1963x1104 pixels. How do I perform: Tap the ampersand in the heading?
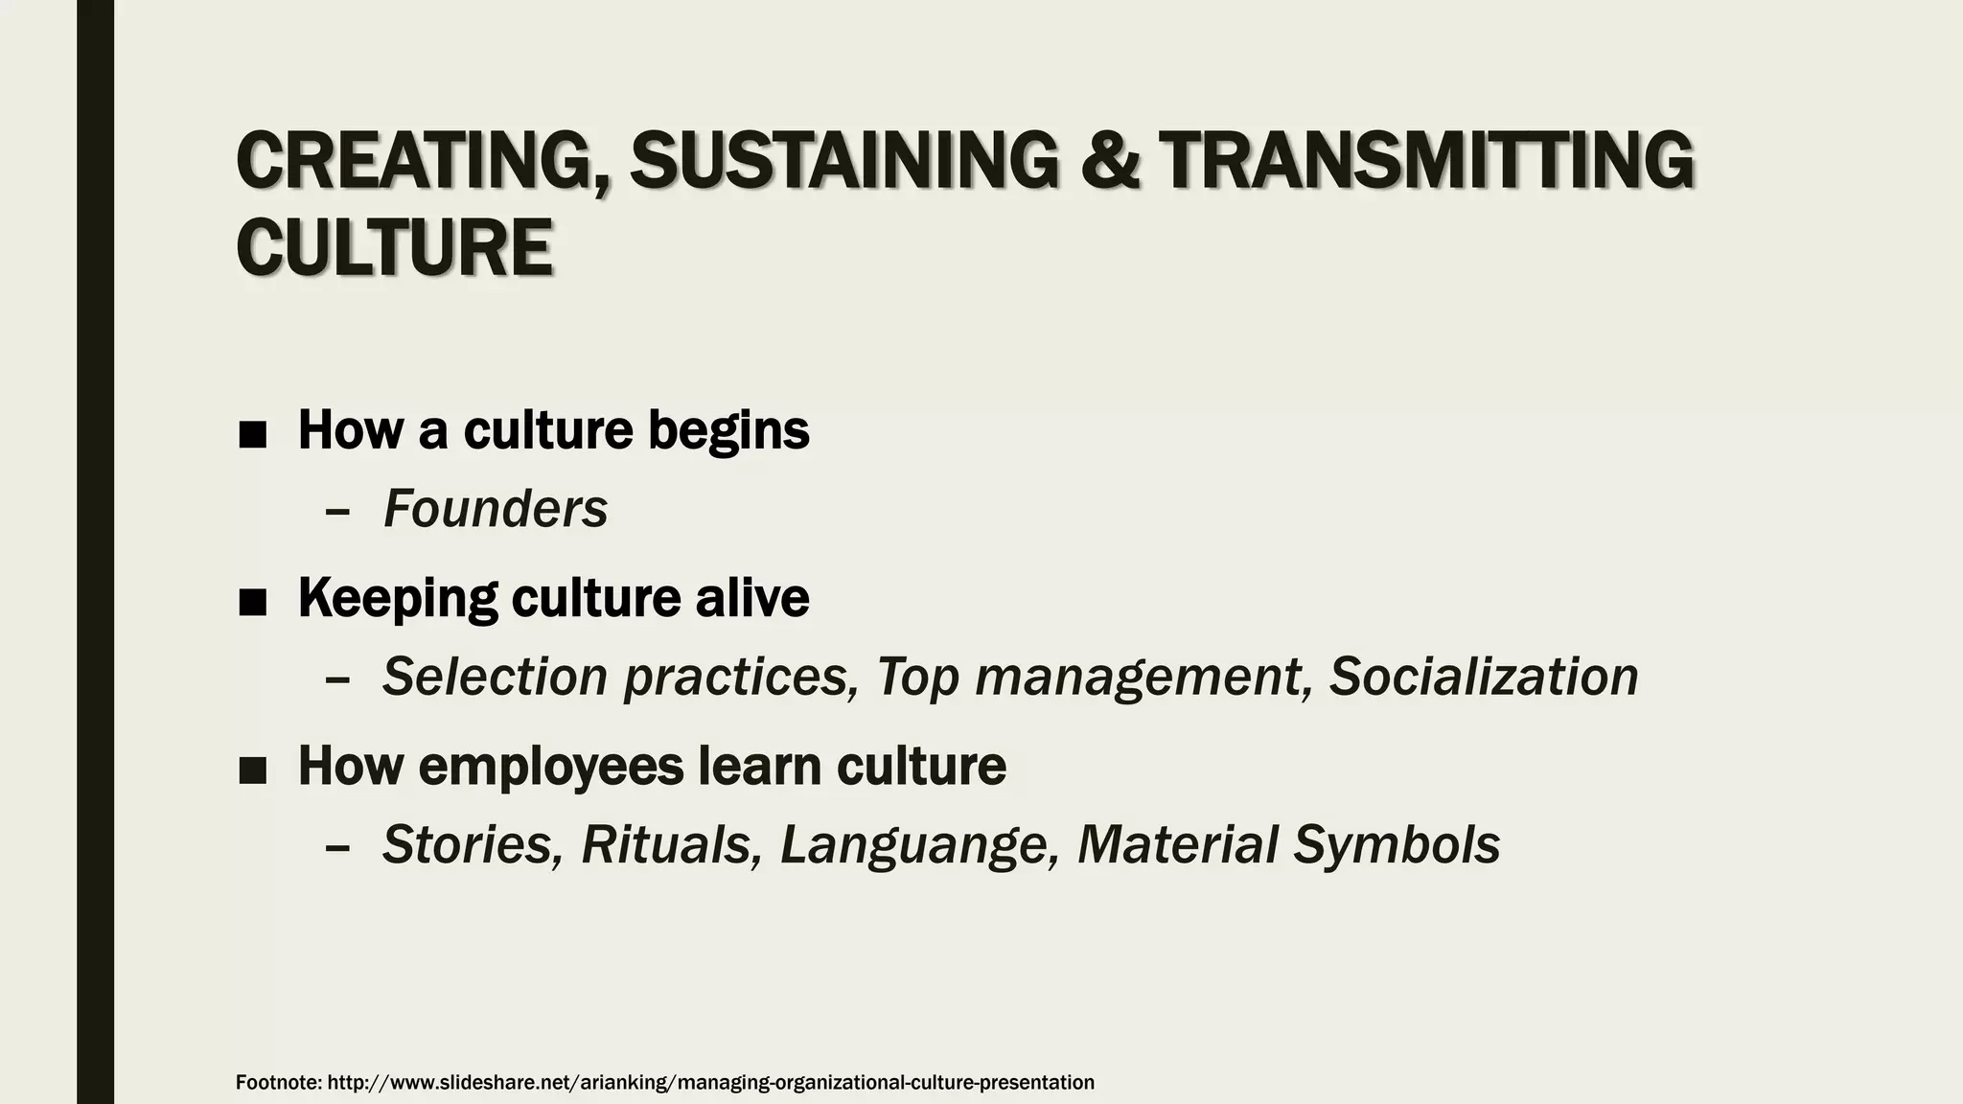1110,161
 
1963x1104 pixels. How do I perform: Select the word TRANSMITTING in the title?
1425,161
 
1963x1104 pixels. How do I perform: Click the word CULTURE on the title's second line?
394,247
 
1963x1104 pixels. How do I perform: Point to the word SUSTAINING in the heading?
843,161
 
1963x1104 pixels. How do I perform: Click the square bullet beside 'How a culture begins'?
252,434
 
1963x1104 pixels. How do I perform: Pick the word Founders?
496,509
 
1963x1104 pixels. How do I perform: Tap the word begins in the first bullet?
728,430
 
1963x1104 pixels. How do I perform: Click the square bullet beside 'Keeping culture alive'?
252,602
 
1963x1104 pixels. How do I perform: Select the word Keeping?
397,598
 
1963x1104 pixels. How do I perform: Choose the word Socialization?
1484,677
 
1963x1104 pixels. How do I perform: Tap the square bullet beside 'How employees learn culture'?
252,770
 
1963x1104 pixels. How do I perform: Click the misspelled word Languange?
919,845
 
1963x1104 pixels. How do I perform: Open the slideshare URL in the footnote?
710,1082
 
